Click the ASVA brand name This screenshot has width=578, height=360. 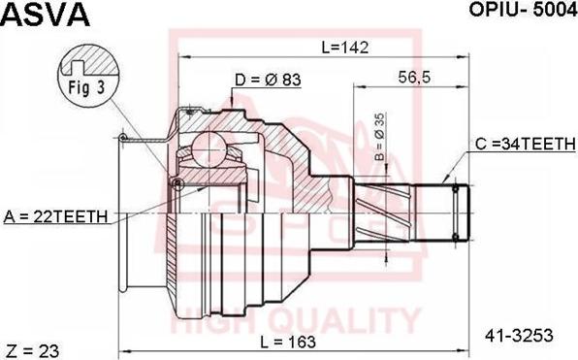46,14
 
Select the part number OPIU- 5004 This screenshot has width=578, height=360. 523,11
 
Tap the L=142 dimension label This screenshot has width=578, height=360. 344,48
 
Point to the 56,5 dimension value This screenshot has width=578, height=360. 414,78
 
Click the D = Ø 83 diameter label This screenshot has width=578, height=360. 268,80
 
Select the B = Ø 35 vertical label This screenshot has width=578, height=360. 379,137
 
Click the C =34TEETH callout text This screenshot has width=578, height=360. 526,144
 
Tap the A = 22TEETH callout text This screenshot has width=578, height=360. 55,216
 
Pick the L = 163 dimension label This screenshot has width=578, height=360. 288,342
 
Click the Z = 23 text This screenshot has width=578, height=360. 33,350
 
